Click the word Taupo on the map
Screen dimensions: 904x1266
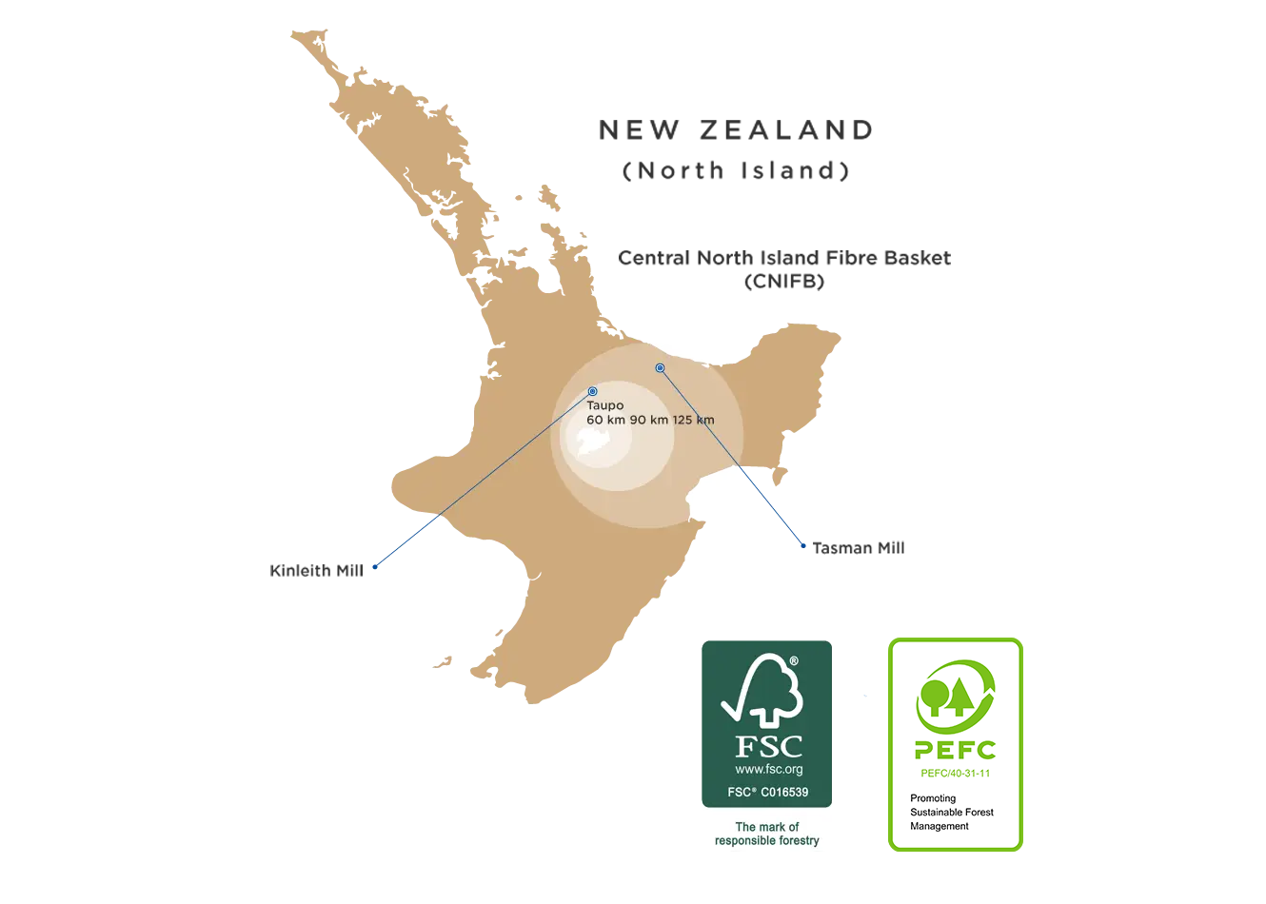(604, 405)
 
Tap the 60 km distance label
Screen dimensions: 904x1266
(605, 420)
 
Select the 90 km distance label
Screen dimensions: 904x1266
(649, 420)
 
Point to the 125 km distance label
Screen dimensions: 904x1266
(694, 420)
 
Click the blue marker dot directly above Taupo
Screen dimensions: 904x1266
(593, 391)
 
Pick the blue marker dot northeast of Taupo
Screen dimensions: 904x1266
(660, 367)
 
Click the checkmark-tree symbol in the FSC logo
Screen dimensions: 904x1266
(762, 690)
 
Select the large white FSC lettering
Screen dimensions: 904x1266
(768, 746)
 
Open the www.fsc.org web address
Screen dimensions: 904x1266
(768, 769)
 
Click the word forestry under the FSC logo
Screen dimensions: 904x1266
(796, 840)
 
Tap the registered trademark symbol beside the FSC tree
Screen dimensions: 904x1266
(794, 660)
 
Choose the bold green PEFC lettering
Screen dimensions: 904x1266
(955, 750)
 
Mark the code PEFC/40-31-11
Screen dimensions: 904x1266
(955, 773)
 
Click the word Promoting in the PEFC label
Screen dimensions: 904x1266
(933, 798)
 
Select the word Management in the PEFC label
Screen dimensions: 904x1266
(940, 826)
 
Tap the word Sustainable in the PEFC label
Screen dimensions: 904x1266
(938, 812)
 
